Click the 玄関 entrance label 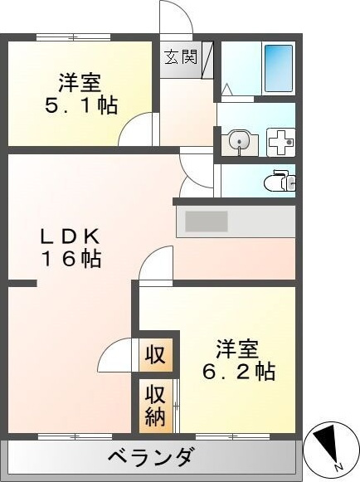pyautogui.click(x=181, y=57)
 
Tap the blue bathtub pyautogui.click(x=278, y=68)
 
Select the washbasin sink pyautogui.click(x=240, y=141)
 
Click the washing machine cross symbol pyautogui.click(x=280, y=143)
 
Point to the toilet pyautogui.click(x=280, y=182)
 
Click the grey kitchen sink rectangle pyautogui.click(x=207, y=222)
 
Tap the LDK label pyautogui.click(x=71, y=237)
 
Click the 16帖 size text pyautogui.click(x=71, y=259)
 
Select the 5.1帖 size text pyautogui.click(x=81, y=105)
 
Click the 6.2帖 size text pyautogui.click(x=238, y=371)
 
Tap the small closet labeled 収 pyautogui.click(x=156, y=355)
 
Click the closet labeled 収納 pyautogui.click(x=156, y=406)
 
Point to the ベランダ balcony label pyautogui.click(x=151, y=456)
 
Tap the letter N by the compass pyautogui.click(x=338, y=467)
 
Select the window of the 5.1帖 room pyautogui.click(x=73, y=37)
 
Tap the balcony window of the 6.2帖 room pyautogui.click(x=233, y=436)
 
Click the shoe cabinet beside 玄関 pyautogui.click(x=207, y=61)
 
